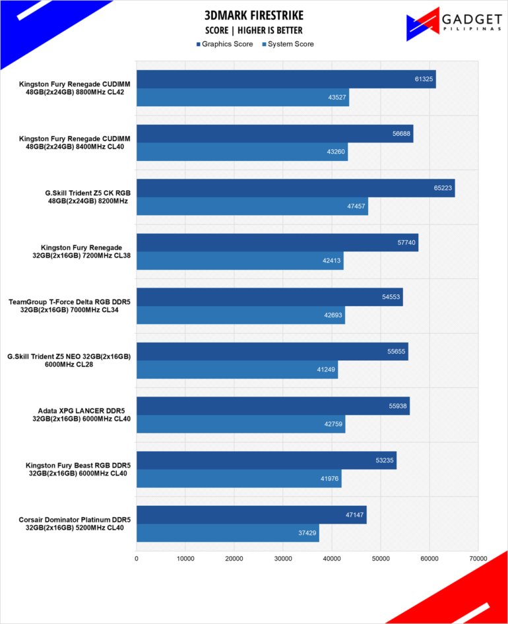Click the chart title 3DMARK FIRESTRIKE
pos(254,16)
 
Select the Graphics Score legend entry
pos(224,44)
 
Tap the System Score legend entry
pos(288,44)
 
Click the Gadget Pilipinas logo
pos(454,24)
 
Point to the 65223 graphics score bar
pos(296,188)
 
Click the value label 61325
pos(424,79)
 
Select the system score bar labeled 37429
pos(228,533)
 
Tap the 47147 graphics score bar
pos(251,515)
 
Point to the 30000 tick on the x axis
pos(283,559)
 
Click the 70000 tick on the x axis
pos(478,559)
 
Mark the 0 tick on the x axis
pos(137,559)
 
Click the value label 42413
pos(331,261)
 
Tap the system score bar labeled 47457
pos(253,206)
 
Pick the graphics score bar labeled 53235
pos(267,460)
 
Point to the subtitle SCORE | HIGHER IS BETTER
pos(254,30)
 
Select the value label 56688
pos(401,134)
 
